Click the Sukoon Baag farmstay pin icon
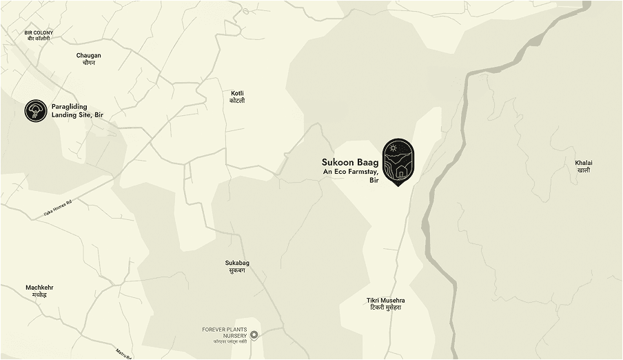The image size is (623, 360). pos(398,160)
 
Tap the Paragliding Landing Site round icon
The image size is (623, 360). pos(36,110)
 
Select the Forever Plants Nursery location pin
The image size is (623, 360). pos(254,335)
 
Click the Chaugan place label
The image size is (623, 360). pos(89,55)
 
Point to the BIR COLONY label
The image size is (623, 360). pos(39,32)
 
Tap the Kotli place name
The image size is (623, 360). pos(237,93)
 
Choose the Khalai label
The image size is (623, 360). pos(584,163)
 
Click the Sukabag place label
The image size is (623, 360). pos(235,263)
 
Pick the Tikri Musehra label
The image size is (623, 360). pos(385,300)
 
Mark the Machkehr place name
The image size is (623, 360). pos(39,287)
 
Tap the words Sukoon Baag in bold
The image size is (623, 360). pos(349,163)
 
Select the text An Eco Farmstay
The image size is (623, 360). pos(351,172)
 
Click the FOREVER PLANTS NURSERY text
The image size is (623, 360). pos(224,332)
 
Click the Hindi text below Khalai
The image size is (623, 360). pos(584,170)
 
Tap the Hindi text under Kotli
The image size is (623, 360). pos(237,101)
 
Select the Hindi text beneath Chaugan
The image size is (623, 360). pos(89,63)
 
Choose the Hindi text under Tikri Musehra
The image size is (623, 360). pos(385,308)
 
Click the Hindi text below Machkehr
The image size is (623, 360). pos(39,295)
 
